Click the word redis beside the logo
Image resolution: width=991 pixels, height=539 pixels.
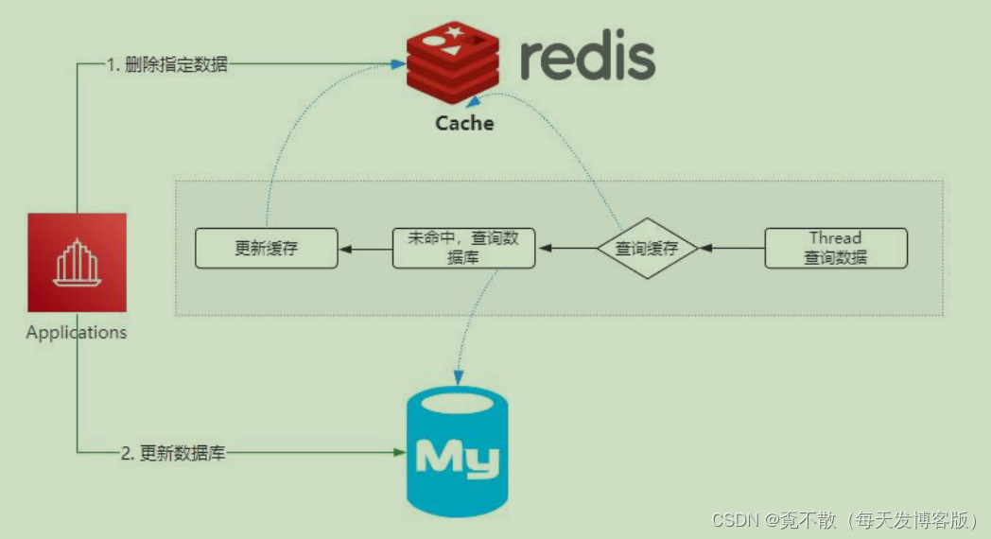587,58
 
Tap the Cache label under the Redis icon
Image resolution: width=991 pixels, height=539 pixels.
464,123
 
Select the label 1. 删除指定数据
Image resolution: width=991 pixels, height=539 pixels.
166,65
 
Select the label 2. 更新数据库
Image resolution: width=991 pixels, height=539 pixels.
173,453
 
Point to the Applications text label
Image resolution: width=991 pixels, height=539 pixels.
77,332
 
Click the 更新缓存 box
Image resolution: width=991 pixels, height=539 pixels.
267,249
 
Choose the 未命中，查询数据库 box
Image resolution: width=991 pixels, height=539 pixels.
463,249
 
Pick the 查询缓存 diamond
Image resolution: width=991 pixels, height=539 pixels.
647,249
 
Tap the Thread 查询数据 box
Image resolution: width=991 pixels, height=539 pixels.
835,249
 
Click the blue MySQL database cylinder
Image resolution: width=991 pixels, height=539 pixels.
456,455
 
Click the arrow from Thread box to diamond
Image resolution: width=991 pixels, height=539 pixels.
731,249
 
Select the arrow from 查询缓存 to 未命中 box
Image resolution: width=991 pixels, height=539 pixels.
565,249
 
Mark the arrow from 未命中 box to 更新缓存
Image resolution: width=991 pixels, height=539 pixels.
365,249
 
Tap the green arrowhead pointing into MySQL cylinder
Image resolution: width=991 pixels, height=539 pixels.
399,453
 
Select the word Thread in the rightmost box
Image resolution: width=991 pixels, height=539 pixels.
835,238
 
